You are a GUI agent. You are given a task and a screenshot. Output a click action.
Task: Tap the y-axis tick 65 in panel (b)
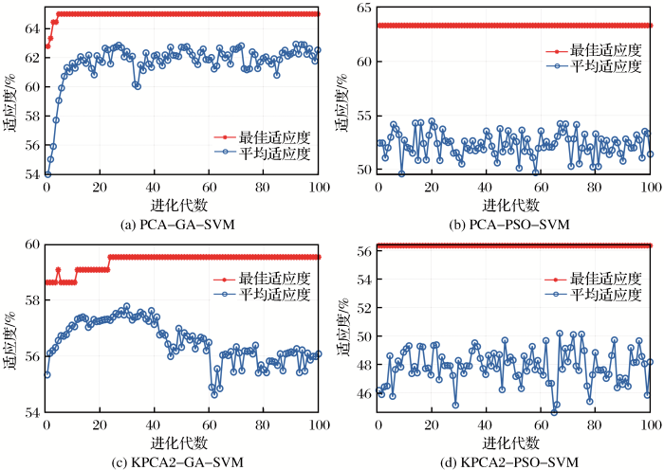click(362, 8)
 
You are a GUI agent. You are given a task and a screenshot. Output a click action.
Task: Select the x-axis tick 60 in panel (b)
click(542, 188)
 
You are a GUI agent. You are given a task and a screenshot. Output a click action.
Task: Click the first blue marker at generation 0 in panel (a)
click(47, 174)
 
